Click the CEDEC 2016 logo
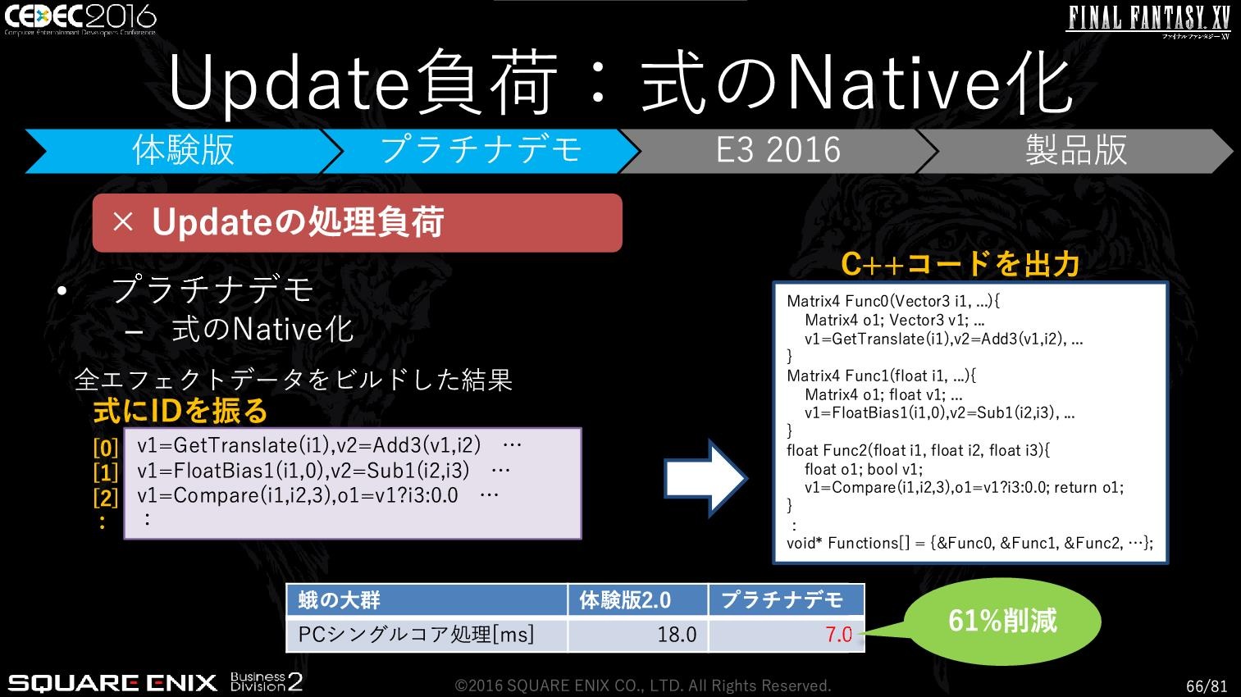click(x=80, y=19)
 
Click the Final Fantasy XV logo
click(x=1149, y=21)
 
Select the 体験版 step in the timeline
click(x=184, y=151)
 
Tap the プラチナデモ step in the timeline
click(x=481, y=151)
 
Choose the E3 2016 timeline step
click(x=778, y=151)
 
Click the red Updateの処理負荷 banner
click(x=358, y=223)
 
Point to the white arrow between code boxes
click(x=706, y=478)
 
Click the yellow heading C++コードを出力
click(x=960, y=264)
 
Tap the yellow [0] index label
click(x=105, y=447)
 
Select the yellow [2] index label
click(x=105, y=498)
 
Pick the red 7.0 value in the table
click(x=838, y=635)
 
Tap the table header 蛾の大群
click(x=339, y=600)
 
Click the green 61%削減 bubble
click(x=1003, y=621)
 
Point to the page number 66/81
click(x=1207, y=686)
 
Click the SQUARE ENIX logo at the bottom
click(x=112, y=682)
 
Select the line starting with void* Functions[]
click(x=970, y=543)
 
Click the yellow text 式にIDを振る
click(x=180, y=411)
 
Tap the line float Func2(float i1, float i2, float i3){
click(x=918, y=450)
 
